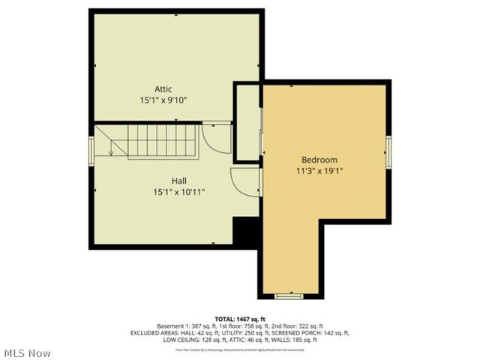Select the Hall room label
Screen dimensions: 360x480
178,181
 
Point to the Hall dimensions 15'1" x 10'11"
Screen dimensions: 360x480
178,192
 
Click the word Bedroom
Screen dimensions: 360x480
319,160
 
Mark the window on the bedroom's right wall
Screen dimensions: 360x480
388,151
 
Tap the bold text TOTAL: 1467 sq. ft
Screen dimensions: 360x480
239,319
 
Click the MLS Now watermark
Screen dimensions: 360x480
27,352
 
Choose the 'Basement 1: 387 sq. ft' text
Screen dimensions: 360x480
187,326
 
